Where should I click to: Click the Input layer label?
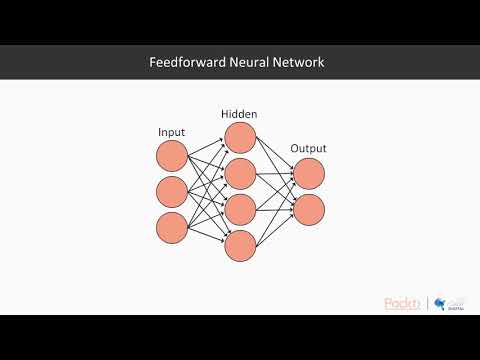[172, 132]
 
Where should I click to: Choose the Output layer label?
[308, 149]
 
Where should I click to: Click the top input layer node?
[172, 155]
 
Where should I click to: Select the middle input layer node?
[172, 191]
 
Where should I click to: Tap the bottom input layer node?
[172, 227]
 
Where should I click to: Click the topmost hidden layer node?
[241, 137]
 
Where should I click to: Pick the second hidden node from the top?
[241, 173]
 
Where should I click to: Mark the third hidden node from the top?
[241, 209]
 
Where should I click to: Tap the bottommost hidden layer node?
[241, 245]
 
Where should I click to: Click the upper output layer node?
[309, 173]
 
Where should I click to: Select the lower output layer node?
[309, 209]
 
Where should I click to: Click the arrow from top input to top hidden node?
[206, 146]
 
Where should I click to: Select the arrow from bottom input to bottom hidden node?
[206, 236]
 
